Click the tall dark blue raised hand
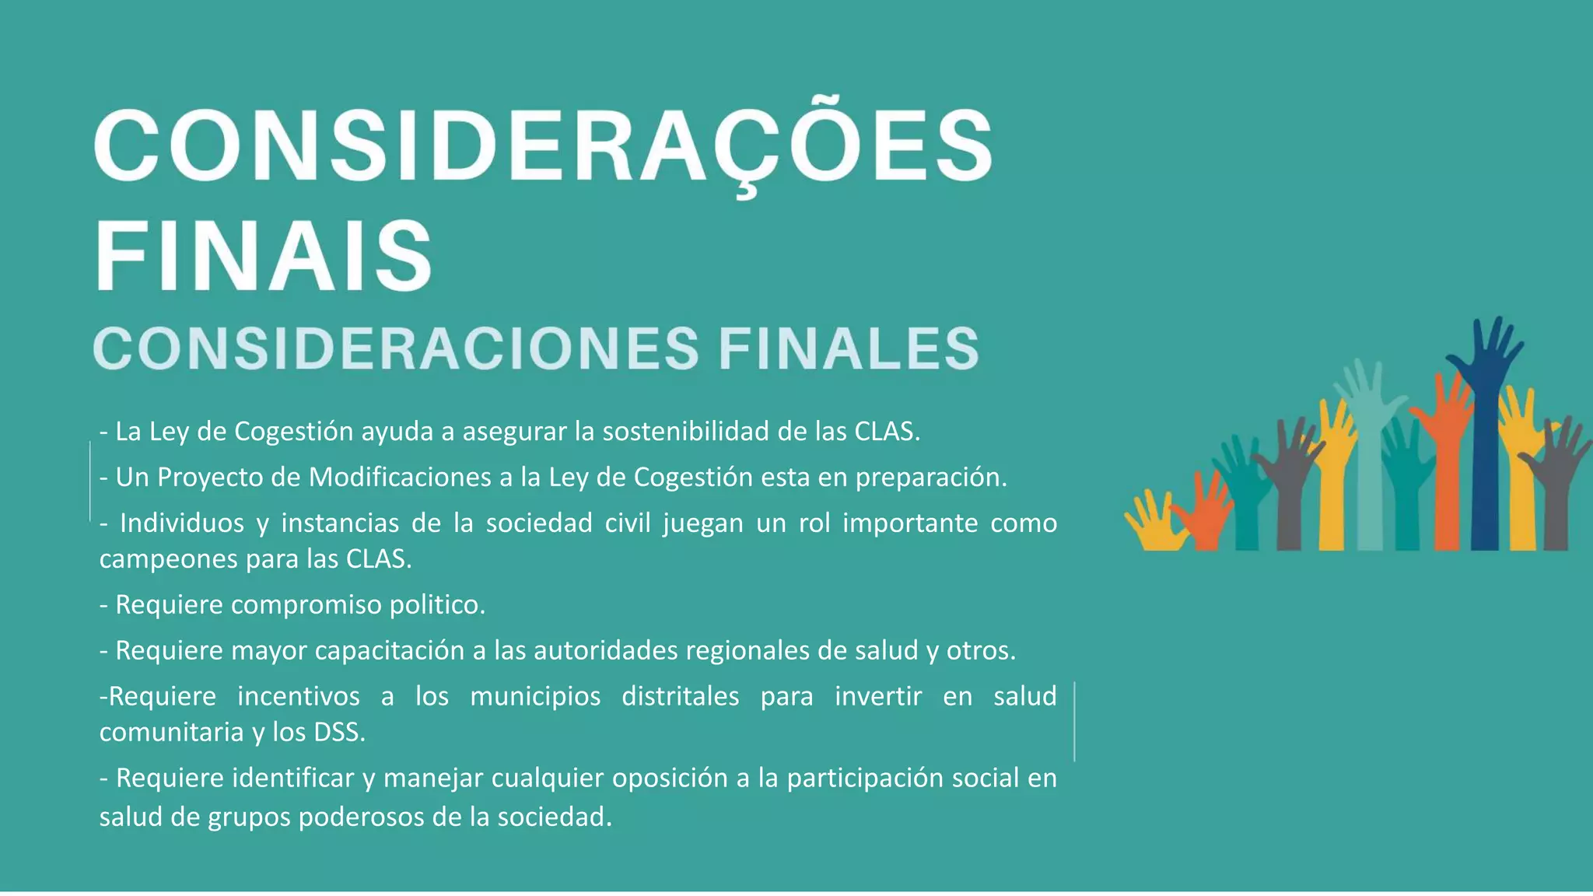[1484, 436]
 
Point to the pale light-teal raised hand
[1369, 451]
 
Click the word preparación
[931, 477]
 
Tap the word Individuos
[182, 523]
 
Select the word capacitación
[390, 650]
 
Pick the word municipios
[535, 696]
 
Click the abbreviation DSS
[339, 732]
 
